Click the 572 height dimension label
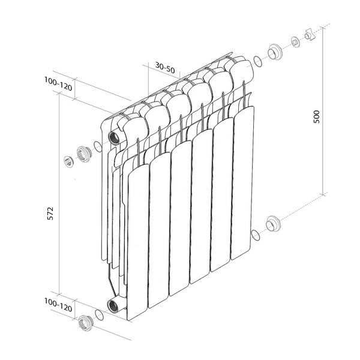[x=50, y=214]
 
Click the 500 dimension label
[x=317, y=116]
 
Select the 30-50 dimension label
[x=165, y=67]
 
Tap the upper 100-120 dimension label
[x=58, y=83]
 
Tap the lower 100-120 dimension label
[x=58, y=305]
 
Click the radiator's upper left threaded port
[x=114, y=138]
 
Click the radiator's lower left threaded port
[x=113, y=306]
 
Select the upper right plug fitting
[x=275, y=52]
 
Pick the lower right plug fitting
[x=273, y=223]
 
